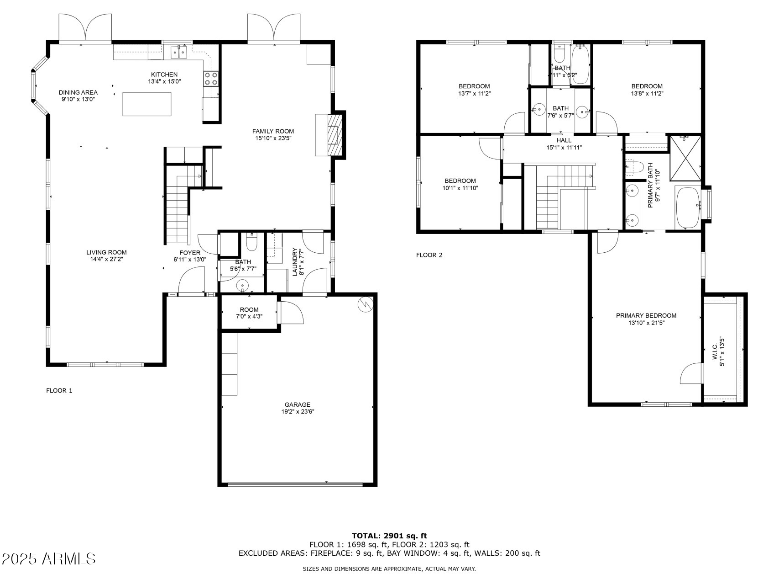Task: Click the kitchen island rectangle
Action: coord(146,104)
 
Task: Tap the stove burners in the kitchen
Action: coord(210,79)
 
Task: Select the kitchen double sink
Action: coord(179,53)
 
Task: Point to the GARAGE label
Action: coord(298,404)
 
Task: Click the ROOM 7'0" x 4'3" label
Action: coord(249,313)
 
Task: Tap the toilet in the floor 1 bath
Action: coord(251,242)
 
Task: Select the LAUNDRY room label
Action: coord(295,262)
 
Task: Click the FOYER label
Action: coord(190,253)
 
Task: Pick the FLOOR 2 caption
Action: coord(429,255)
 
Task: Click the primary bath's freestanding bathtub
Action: coord(687,207)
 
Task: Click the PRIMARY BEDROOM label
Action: coord(646,315)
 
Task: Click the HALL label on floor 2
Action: coord(564,140)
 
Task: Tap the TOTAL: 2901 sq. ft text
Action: coord(389,536)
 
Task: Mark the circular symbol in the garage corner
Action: coord(366,304)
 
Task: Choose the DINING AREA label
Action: coord(78,92)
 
